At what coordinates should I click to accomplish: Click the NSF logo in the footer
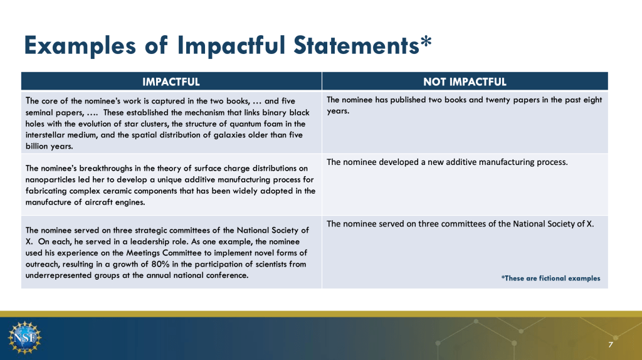coord(24,337)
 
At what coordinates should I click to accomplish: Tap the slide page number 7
coord(611,344)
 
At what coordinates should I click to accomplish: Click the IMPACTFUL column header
coord(171,82)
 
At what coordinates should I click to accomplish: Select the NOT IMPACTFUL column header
coord(465,82)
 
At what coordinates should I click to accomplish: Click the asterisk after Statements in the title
coord(426,42)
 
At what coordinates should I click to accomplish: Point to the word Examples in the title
coord(80,45)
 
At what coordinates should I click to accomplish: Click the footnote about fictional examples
coord(550,278)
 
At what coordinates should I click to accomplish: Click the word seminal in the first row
coord(39,112)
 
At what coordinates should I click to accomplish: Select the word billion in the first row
coord(36,146)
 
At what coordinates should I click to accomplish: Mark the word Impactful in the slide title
coord(231,45)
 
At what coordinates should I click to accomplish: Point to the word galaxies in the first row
coord(229,135)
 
